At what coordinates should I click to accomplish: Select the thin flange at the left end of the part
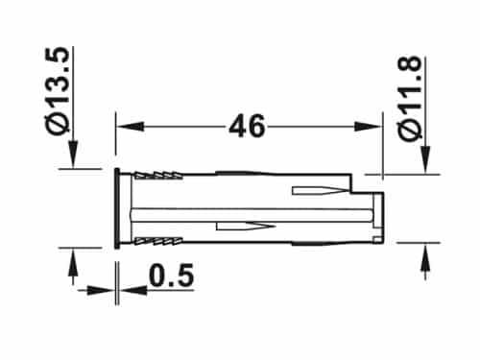click(x=116, y=208)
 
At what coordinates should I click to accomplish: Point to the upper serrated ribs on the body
click(x=154, y=177)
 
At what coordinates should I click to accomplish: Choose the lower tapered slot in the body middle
click(x=245, y=228)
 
